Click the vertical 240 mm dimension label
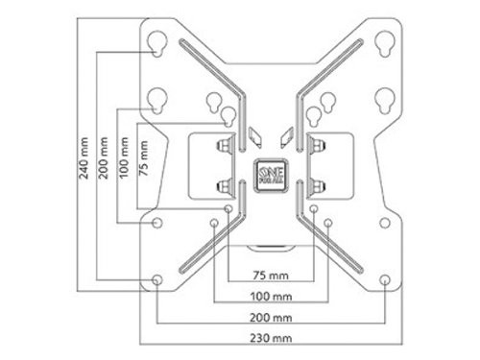pos(84,158)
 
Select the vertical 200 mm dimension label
pos(103,157)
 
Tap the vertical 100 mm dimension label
pos(124,157)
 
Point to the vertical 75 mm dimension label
pos(143,157)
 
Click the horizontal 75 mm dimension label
pos(271,276)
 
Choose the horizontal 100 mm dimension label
pos(271,297)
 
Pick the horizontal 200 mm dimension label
pos(271,318)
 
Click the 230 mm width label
pos(271,338)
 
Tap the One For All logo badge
pos(271,176)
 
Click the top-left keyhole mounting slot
pos(157,44)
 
